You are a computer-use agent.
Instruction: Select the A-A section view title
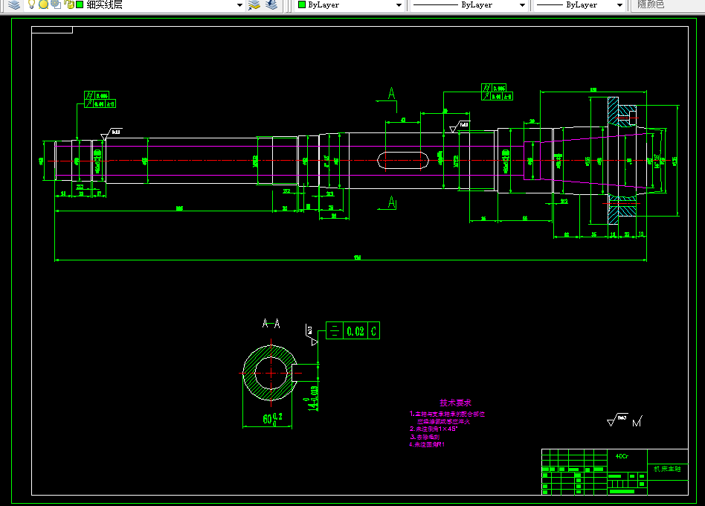pyautogui.click(x=271, y=324)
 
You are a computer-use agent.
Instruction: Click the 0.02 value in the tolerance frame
pyautogui.click(x=355, y=332)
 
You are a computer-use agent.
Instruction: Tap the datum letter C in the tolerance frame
pyautogui.click(x=373, y=332)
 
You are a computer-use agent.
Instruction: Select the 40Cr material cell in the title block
pyautogui.click(x=622, y=456)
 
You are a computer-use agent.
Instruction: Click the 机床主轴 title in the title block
pyautogui.click(x=666, y=469)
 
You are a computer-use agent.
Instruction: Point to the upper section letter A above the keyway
pyautogui.click(x=392, y=94)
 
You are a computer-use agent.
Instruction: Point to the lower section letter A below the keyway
pyautogui.click(x=392, y=202)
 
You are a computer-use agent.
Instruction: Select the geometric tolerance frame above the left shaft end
pyautogui.click(x=97, y=100)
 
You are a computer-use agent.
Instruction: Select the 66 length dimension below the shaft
pyautogui.click(x=524, y=218)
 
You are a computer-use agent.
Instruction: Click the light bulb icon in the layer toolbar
pyautogui.click(x=32, y=4)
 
